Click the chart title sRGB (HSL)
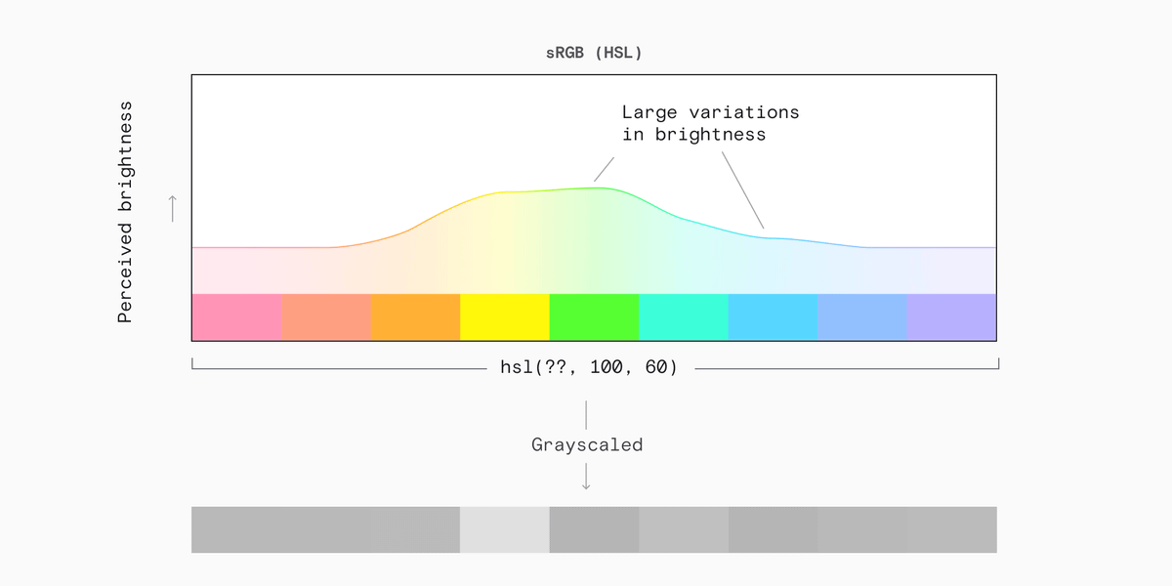click(x=594, y=53)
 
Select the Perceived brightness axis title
click(x=125, y=212)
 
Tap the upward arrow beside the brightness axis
click(x=173, y=209)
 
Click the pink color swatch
click(x=237, y=317)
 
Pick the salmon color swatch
click(x=326, y=317)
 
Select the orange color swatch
click(x=416, y=317)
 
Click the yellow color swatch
click(x=505, y=317)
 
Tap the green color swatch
click(x=595, y=317)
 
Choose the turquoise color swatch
click(x=684, y=317)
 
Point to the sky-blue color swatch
click(x=773, y=317)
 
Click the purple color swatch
click(x=951, y=317)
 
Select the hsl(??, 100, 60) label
click(x=589, y=367)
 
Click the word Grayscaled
click(x=587, y=444)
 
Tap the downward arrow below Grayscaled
click(x=586, y=477)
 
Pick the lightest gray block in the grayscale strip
click(x=505, y=529)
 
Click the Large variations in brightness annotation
click(x=711, y=123)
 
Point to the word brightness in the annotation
click(x=711, y=135)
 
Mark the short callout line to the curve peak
click(x=604, y=170)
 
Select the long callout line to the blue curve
click(x=743, y=190)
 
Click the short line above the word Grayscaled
click(x=586, y=415)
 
